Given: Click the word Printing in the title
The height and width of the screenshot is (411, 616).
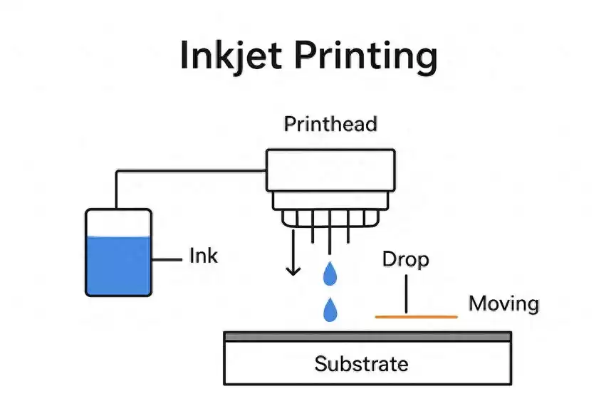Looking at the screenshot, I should [362, 57].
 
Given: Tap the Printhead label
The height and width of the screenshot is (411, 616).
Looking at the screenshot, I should [330, 124].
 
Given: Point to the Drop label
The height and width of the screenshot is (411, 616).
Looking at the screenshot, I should [405, 259].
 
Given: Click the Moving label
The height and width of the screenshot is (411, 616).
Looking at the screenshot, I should [503, 304].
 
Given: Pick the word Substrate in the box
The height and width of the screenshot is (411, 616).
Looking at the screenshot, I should [361, 365].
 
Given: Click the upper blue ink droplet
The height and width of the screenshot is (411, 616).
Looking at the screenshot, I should [330, 273].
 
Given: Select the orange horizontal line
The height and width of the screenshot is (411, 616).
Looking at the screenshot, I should [416, 316].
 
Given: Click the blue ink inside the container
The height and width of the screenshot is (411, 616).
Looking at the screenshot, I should [118, 265].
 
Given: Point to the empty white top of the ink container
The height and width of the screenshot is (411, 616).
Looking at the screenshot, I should [118, 223].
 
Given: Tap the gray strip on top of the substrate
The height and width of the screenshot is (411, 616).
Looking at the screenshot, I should [367, 335].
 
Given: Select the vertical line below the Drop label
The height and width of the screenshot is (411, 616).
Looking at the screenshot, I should [406, 294].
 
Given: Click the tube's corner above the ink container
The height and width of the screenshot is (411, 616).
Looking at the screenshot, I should [117, 171].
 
